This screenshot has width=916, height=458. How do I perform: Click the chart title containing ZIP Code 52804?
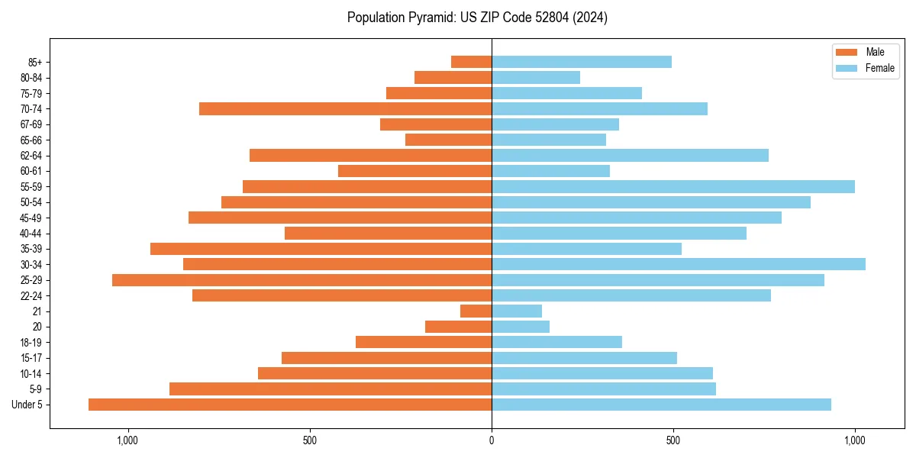point(477,18)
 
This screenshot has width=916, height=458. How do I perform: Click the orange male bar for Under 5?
point(290,405)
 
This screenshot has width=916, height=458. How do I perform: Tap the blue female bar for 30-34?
point(678,264)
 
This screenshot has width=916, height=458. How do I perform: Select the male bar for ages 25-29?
point(302,280)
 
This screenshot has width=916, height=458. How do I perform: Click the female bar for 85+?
point(581,62)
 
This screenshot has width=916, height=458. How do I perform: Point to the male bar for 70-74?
point(345,108)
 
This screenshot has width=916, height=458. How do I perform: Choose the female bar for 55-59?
point(672,186)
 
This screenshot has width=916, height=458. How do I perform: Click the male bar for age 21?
point(476,311)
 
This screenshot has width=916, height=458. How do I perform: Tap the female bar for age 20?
point(520,327)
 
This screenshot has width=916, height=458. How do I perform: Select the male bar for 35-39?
point(321,249)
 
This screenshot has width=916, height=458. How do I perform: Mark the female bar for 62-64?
point(630,155)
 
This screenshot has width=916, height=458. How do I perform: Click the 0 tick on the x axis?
point(492,440)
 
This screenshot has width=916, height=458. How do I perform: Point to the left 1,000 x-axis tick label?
point(127,440)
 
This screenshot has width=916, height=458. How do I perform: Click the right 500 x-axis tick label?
point(672,440)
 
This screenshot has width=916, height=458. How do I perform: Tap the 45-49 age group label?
point(31,218)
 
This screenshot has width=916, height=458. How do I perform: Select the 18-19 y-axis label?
point(31,342)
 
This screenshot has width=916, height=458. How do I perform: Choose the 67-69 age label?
point(31,124)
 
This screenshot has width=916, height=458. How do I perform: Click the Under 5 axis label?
point(27,405)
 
